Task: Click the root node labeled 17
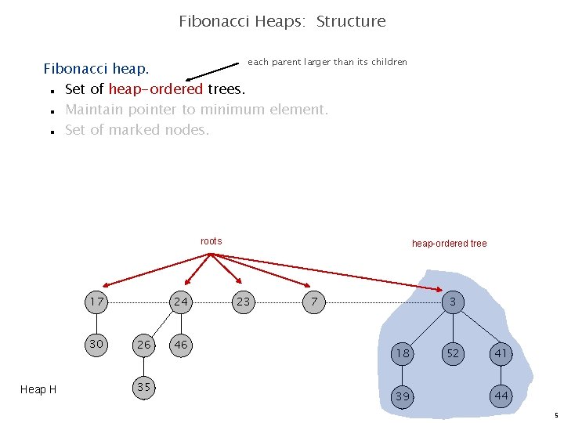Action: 97,302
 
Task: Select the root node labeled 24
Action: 181,302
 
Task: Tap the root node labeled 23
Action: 244,302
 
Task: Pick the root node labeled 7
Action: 313,302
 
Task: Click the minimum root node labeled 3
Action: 453,302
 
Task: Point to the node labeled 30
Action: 97,344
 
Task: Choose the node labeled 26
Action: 143,345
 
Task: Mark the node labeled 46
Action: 181,345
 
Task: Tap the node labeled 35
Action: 143,387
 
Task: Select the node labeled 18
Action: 403,354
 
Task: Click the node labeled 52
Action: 453,354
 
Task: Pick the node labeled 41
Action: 501,354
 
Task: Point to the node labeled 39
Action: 403,396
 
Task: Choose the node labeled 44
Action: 501,396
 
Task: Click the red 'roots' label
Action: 211,241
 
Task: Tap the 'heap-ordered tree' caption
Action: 449,244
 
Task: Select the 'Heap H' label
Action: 38,389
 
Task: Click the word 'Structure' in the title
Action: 351,21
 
